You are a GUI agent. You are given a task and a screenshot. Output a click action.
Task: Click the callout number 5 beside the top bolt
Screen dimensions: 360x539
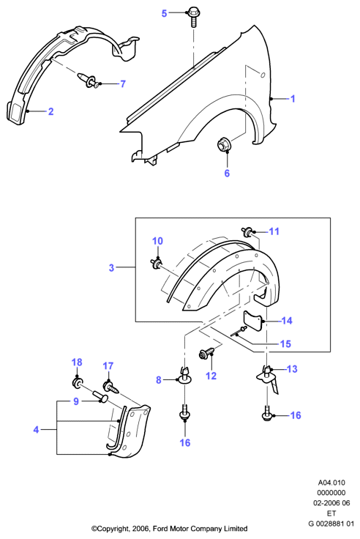pyautogui.click(x=164, y=13)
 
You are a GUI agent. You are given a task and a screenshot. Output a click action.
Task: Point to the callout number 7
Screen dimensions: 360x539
pyautogui.click(x=123, y=84)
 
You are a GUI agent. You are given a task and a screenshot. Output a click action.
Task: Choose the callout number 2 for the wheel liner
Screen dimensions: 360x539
pyautogui.click(x=50, y=111)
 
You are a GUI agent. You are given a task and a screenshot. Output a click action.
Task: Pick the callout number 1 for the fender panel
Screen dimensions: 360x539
pyautogui.click(x=293, y=99)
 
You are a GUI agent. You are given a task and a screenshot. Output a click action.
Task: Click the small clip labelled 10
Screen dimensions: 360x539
pyautogui.click(x=157, y=264)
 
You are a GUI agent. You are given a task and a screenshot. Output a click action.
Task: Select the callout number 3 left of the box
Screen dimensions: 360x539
pyautogui.click(x=111, y=267)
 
